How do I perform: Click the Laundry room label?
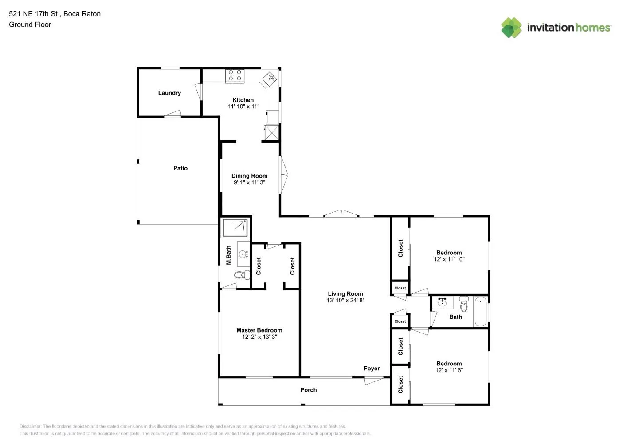[169, 93]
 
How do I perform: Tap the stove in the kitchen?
[235, 76]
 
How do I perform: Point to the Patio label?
[180, 168]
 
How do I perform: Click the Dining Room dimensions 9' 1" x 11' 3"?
[249, 182]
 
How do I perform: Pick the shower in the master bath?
[235, 228]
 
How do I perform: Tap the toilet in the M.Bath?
[242, 275]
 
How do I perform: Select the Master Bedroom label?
[259, 330]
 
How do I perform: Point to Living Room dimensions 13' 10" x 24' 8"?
[345, 300]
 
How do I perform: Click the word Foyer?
[372, 369]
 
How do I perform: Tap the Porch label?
[309, 390]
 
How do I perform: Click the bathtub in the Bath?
[481, 311]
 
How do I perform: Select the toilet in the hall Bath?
[464, 304]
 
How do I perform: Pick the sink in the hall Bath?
[442, 302]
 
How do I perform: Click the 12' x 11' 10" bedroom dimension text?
[449, 259]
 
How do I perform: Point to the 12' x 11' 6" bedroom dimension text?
[449, 370]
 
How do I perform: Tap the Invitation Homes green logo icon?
[511, 28]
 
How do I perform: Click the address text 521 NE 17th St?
[33, 14]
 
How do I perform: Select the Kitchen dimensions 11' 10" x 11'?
[243, 106]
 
